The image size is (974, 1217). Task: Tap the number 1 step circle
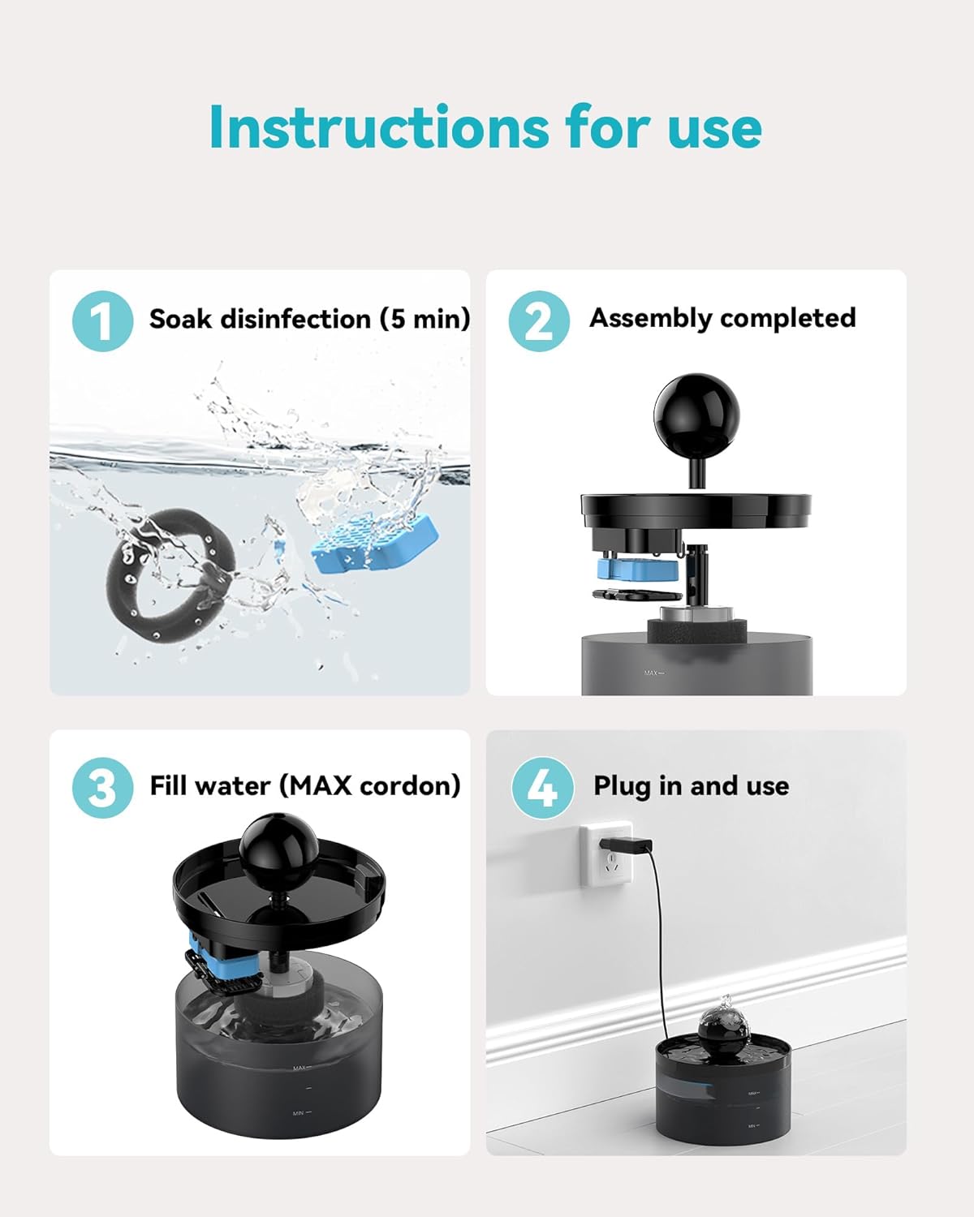click(102, 320)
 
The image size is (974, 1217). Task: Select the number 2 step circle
click(539, 320)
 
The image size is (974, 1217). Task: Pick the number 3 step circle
click(102, 788)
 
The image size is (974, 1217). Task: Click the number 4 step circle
click(542, 788)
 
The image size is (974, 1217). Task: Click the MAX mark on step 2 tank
click(653, 673)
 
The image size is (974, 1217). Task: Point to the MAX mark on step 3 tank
click(301, 1068)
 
